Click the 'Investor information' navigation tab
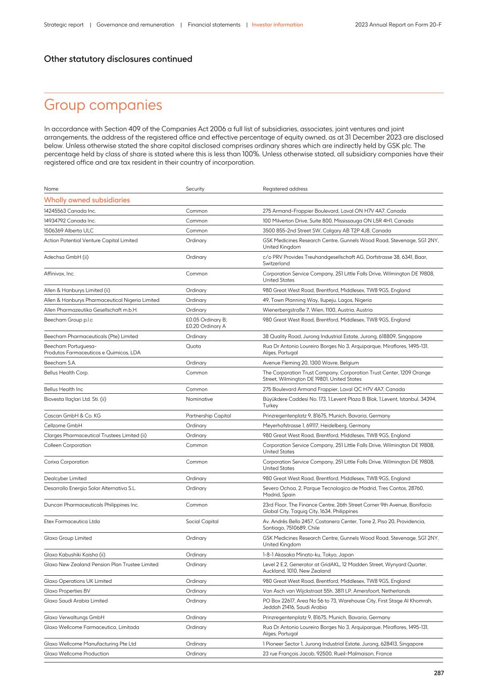[x=277, y=25]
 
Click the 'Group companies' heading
[x=103, y=105]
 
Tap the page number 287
[x=438, y=673]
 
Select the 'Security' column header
[x=195, y=189]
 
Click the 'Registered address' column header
[x=285, y=189]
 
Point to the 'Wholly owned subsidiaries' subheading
[x=87, y=200]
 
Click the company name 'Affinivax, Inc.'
[x=59, y=274]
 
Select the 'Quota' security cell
[x=193, y=346]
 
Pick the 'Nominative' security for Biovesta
[x=199, y=399]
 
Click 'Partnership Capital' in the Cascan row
[x=208, y=416]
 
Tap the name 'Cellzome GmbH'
[x=63, y=426]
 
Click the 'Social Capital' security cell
[x=202, y=522]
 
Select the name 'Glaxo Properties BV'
[x=67, y=591]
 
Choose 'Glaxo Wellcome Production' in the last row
[x=76, y=654]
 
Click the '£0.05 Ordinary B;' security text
[x=206, y=320]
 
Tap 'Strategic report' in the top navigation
[x=64, y=25]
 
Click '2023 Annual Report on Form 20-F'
[x=398, y=25]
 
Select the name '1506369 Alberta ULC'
[x=69, y=231]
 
